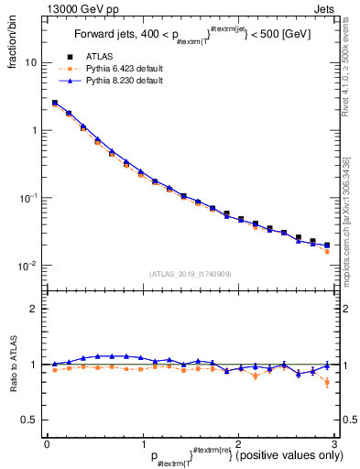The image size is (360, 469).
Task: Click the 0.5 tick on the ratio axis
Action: [31, 420]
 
